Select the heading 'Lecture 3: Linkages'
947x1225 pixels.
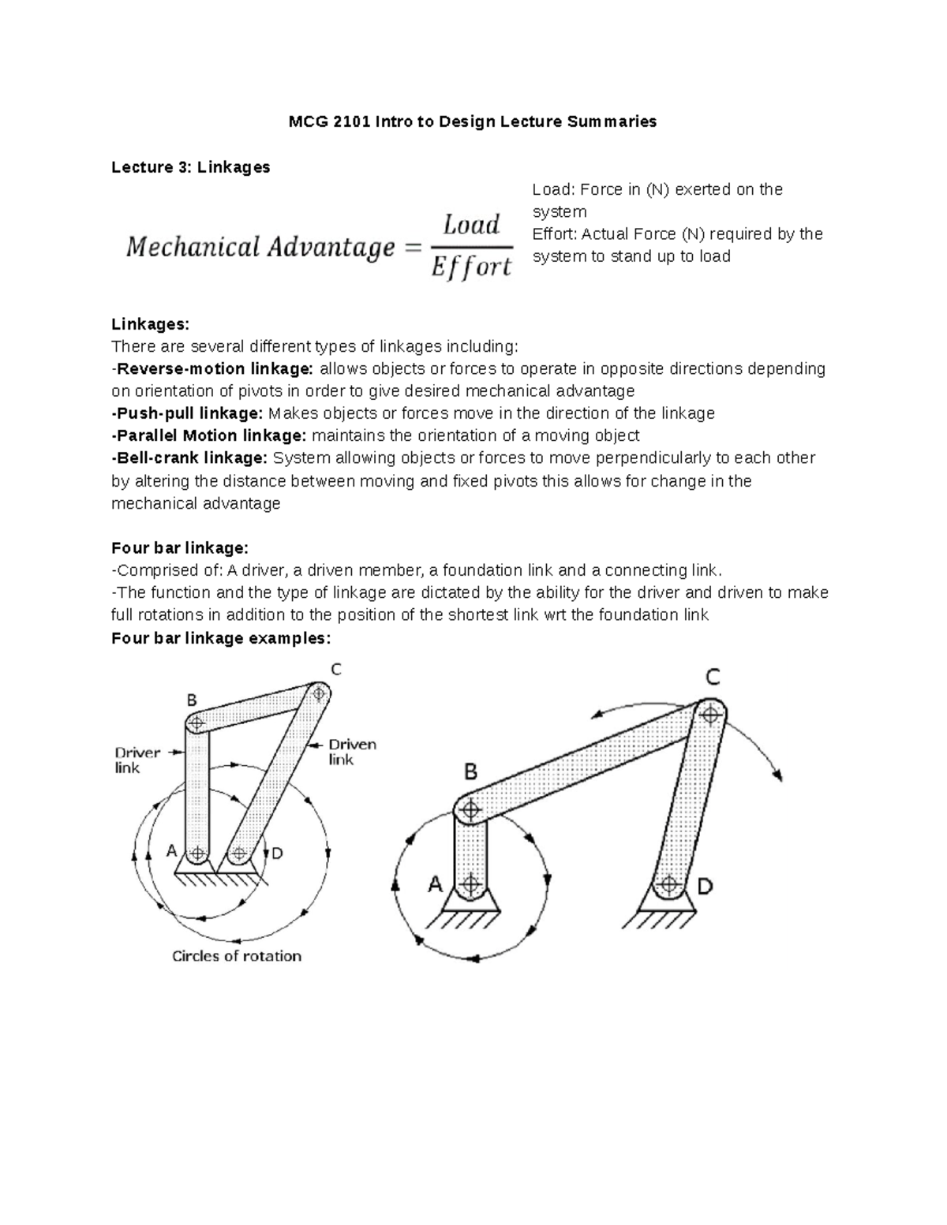click(x=190, y=167)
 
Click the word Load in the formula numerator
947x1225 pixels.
click(x=471, y=226)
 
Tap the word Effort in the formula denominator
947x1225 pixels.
click(x=471, y=267)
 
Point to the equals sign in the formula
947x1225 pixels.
click(x=413, y=248)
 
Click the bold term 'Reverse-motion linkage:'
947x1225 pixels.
click(x=213, y=369)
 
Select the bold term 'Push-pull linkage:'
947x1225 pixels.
click(x=188, y=413)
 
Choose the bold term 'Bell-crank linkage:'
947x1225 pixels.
click(x=190, y=458)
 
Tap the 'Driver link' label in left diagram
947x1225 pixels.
click(x=137, y=760)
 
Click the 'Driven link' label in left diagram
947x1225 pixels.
click(x=352, y=752)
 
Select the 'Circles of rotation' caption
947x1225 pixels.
click(x=237, y=956)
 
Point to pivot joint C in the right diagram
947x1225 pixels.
click(x=710, y=715)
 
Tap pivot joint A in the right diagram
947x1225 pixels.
click(x=471, y=883)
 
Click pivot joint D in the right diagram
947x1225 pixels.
click(x=669, y=884)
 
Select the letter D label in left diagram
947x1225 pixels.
click(x=277, y=853)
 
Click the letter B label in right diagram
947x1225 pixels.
click(x=470, y=772)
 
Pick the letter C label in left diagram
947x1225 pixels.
click(x=335, y=670)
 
